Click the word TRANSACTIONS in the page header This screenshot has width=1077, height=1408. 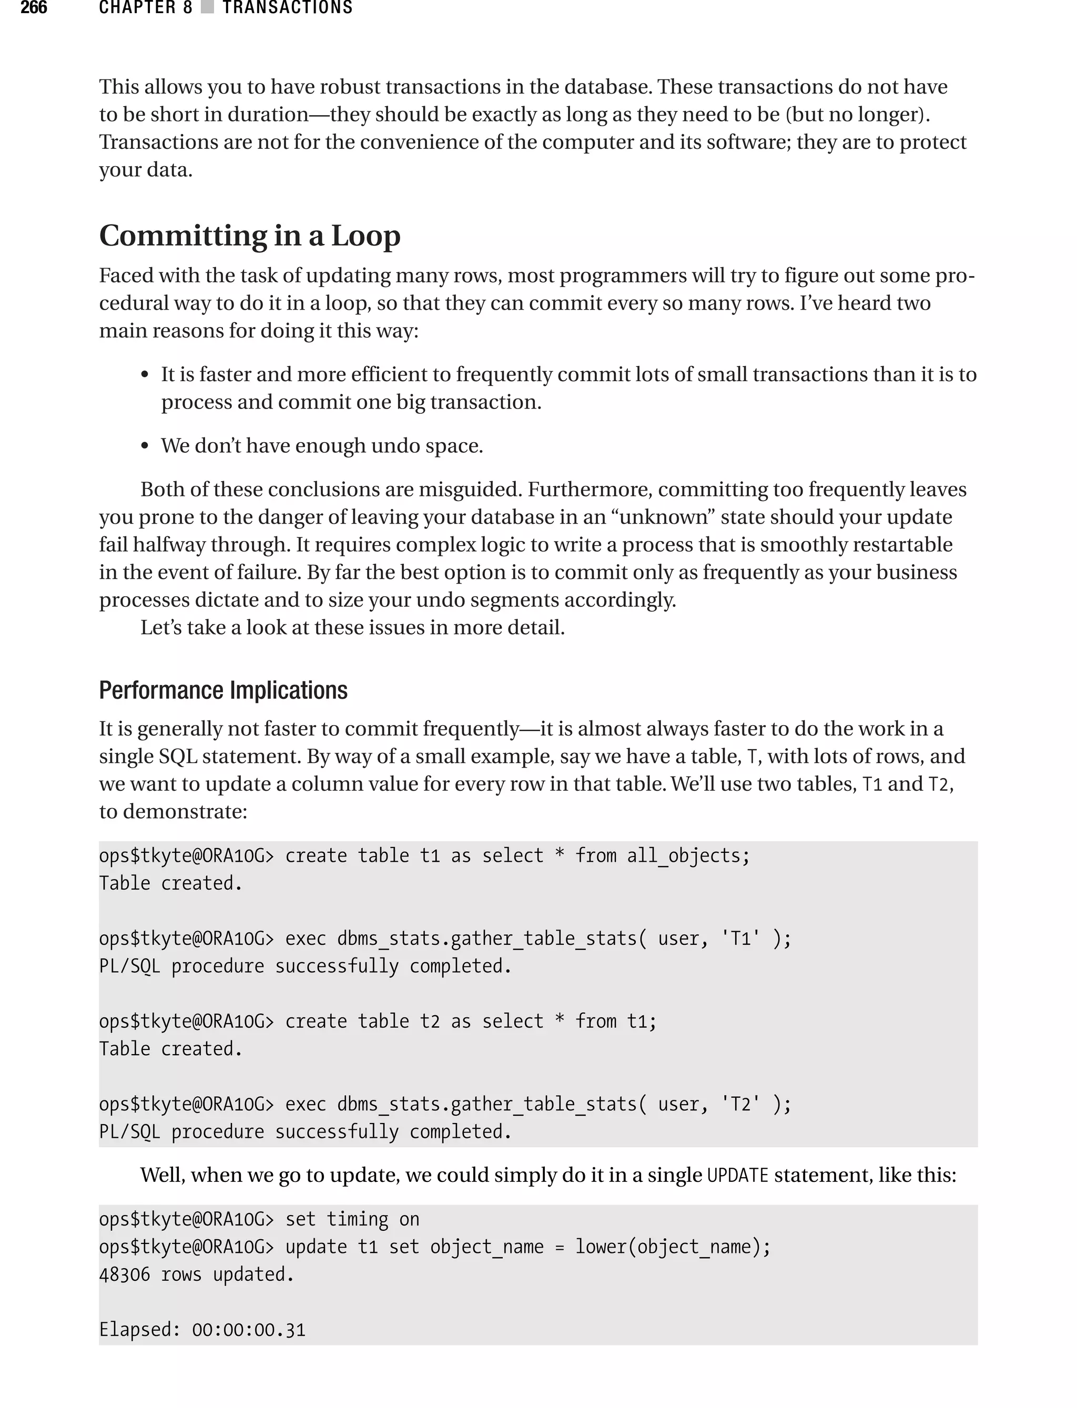(x=287, y=8)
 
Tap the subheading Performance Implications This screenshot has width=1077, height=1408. (x=223, y=690)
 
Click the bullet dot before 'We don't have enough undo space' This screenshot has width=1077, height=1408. (x=145, y=446)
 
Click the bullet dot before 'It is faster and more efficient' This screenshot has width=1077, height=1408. (x=145, y=375)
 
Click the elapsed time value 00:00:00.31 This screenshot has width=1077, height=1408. (x=248, y=1330)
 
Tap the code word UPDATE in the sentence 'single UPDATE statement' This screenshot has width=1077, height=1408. (x=737, y=1176)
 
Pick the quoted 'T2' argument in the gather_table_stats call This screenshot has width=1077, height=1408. (x=740, y=1104)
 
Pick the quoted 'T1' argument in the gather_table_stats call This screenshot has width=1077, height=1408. (x=740, y=938)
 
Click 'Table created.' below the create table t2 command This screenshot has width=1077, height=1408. (x=170, y=1048)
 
